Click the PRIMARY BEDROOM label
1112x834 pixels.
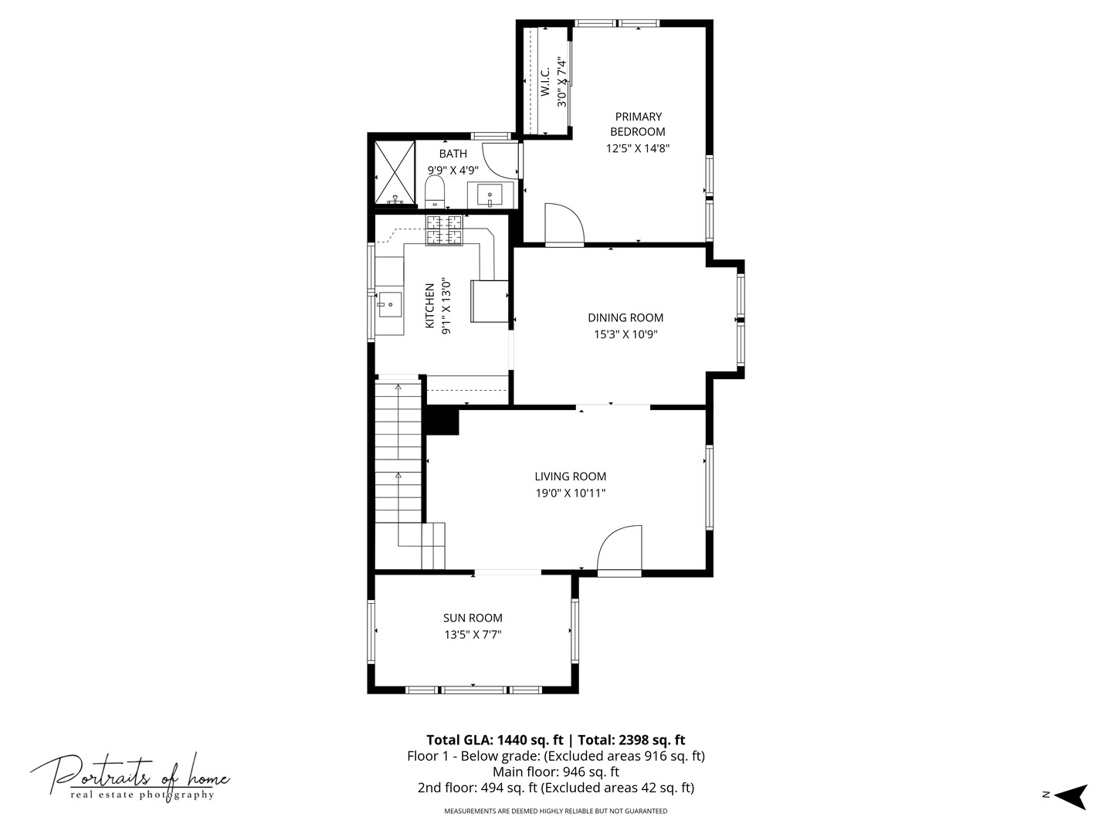pos(638,124)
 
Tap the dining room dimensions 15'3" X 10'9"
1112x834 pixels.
pos(625,334)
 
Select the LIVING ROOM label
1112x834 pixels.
pos(570,476)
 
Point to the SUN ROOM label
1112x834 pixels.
pos(473,618)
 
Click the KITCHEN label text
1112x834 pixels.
pos(430,306)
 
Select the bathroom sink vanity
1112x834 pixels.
pos(490,195)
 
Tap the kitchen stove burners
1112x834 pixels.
pos(444,230)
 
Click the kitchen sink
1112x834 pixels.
pos(390,303)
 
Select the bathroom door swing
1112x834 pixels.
pos(500,160)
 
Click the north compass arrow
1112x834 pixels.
pos(1070,795)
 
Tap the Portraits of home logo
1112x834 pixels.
pos(131,776)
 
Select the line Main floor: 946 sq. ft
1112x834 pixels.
pos(556,771)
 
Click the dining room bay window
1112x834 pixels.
pos(740,320)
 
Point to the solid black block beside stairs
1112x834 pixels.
pos(442,422)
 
